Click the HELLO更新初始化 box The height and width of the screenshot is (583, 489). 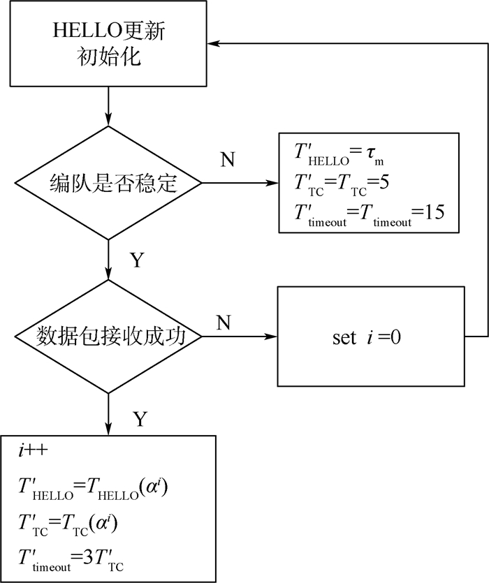[x=108, y=43]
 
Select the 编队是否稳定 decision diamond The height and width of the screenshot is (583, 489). [x=108, y=182]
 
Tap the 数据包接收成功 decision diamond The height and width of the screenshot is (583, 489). [x=108, y=337]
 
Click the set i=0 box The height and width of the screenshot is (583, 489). [x=371, y=337]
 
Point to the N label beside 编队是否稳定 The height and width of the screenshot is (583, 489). [x=227, y=159]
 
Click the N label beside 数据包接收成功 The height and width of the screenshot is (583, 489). [x=224, y=323]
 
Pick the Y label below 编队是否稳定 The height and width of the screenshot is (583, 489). [x=137, y=260]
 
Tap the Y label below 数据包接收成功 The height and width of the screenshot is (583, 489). [x=140, y=419]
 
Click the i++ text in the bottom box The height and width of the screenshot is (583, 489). [x=33, y=450]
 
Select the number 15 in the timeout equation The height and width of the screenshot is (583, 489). [x=435, y=212]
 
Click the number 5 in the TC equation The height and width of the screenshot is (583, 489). [x=384, y=182]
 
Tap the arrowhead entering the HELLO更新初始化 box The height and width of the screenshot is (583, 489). [x=213, y=43]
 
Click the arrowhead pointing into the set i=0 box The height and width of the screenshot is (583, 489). [x=271, y=337]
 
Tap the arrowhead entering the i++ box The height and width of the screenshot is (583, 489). [x=108, y=429]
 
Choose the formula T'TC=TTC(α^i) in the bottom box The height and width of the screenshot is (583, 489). [x=68, y=524]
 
